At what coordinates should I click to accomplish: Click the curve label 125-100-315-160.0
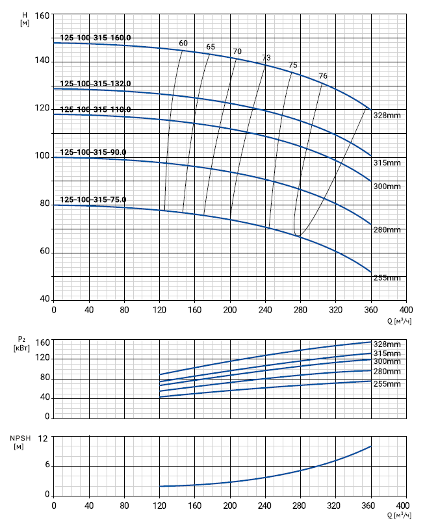[x=96, y=38]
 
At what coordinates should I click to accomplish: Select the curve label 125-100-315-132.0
[x=96, y=83]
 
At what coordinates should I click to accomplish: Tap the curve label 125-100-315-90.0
[x=93, y=152]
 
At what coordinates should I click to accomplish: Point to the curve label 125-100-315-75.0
[x=93, y=199]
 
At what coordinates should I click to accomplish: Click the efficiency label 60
[x=183, y=44]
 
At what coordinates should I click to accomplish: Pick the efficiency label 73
[x=266, y=58]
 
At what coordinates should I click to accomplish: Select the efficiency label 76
[x=323, y=77]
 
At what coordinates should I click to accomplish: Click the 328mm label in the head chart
[x=387, y=116]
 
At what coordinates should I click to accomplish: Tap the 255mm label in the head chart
[x=387, y=277]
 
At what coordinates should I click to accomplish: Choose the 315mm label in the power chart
[x=387, y=353]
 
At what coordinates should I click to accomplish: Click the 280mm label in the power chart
[x=387, y=371]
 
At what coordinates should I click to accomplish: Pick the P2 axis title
[x=21, y=343]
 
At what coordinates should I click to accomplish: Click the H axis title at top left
[x=24, y=18]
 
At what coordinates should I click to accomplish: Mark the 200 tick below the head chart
[x=230, y=309]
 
